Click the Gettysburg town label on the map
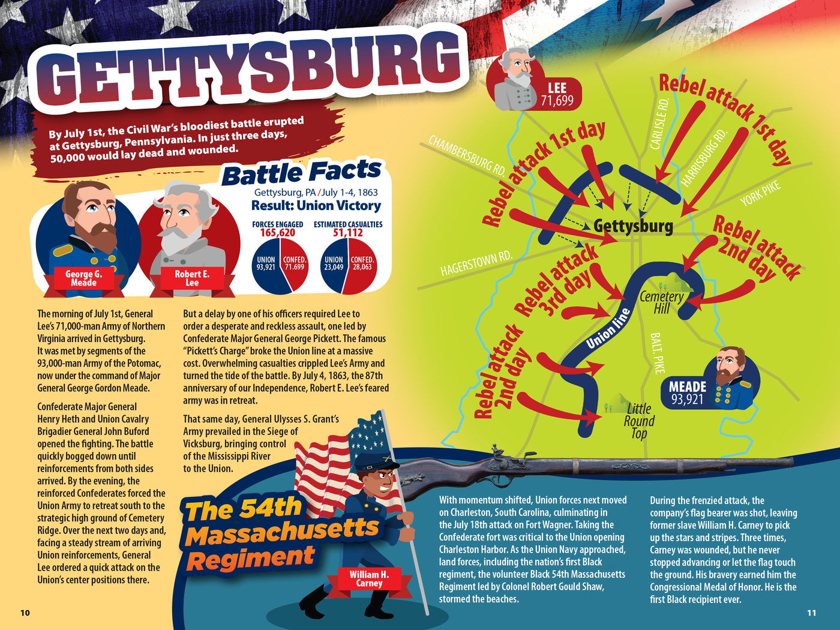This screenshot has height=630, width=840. click(x=633, y=226)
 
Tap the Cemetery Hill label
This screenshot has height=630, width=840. click(x=661, y=302)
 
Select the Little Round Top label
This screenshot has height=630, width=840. click(x=639, y=421)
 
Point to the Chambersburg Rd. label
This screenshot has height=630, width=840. click(x=467, y=155)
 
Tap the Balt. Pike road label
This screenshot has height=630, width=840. click(x=658, y=353)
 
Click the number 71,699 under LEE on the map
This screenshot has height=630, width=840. click(x=557, y=101)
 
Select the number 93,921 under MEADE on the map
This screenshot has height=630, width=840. click(x=688, y=400)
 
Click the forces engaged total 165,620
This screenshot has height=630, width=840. click(x=277, y=233)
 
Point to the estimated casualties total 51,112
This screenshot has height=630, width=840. click(x=348, y=233)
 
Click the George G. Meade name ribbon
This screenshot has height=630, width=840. click(x=83, y=278)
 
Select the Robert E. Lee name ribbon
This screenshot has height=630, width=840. click(x=192, y=278)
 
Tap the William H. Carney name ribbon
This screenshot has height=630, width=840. click(x=369, y=579)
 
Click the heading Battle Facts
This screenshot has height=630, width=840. click(x=301, y=173)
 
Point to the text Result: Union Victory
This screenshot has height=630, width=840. click(x=316, y=206)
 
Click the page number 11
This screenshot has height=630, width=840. click(x=811, y=613)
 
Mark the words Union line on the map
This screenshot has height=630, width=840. click(x=608, y=329)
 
